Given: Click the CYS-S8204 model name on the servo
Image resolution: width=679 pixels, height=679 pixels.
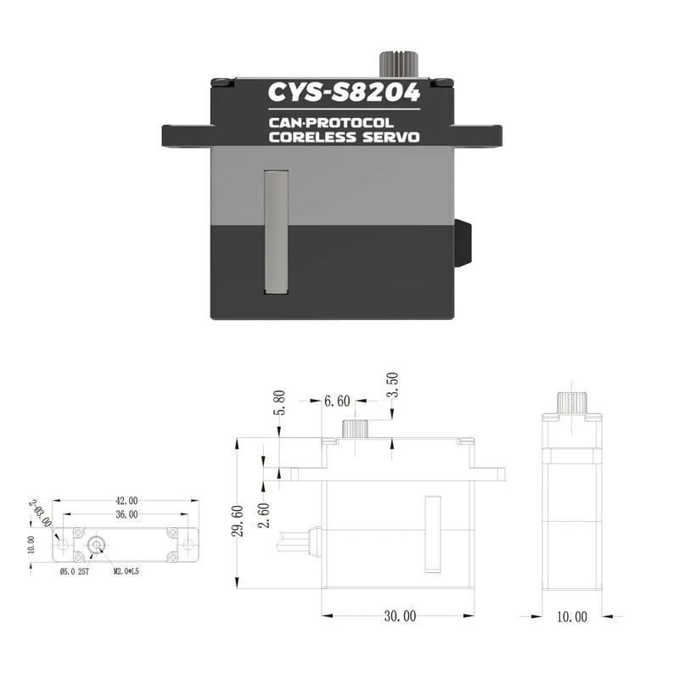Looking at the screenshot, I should [343, 92].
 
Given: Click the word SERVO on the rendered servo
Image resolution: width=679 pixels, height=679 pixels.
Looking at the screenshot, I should [392, 137].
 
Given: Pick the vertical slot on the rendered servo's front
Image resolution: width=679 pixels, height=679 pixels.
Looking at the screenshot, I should [276, 232].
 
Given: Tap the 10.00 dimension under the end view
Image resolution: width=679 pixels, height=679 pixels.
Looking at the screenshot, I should [571, 617].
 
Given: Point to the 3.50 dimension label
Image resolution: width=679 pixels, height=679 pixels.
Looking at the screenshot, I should [392, 385].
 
